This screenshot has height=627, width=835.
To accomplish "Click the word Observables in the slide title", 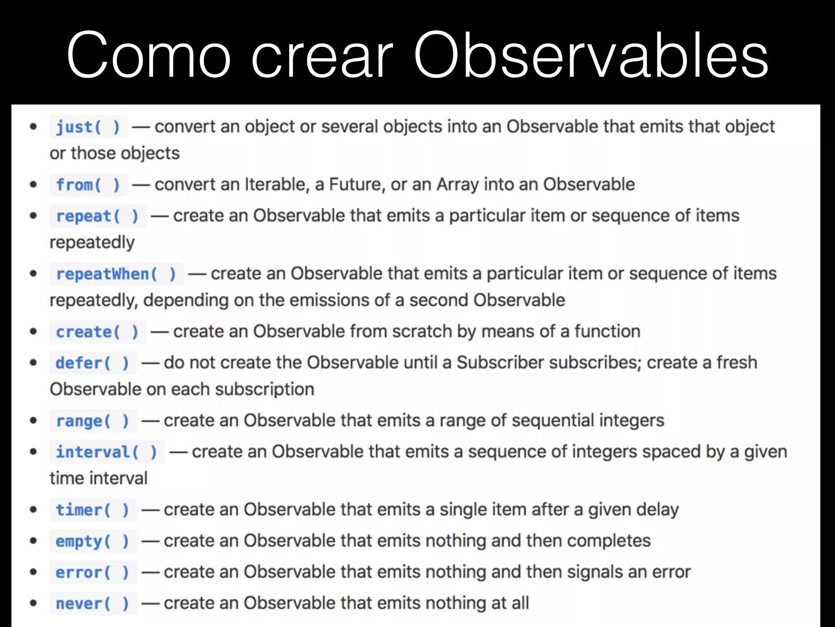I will pos(591,55).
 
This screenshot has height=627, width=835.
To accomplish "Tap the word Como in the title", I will pos(149,55).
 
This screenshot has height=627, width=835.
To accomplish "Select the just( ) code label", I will pos(88,127).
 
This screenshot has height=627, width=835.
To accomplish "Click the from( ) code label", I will pos(88,185).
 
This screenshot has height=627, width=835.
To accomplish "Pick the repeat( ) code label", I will pos(97,216).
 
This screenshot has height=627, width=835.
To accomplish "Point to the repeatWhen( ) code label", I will pos(116,274).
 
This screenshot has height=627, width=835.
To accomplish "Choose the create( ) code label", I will pos(97,332).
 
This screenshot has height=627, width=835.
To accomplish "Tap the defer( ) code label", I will pos(93,363).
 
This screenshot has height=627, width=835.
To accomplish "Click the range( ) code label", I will pos(93,421).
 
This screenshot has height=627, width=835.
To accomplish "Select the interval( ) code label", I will pos(106,452).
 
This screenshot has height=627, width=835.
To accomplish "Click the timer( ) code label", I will pos(93,510).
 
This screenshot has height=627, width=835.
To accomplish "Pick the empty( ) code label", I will pos(93,541).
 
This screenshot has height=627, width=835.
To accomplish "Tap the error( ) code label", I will pos(93,572).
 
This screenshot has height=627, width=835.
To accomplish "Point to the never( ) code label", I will pos(93,603).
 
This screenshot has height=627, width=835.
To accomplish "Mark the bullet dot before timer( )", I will pos(33,509).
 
